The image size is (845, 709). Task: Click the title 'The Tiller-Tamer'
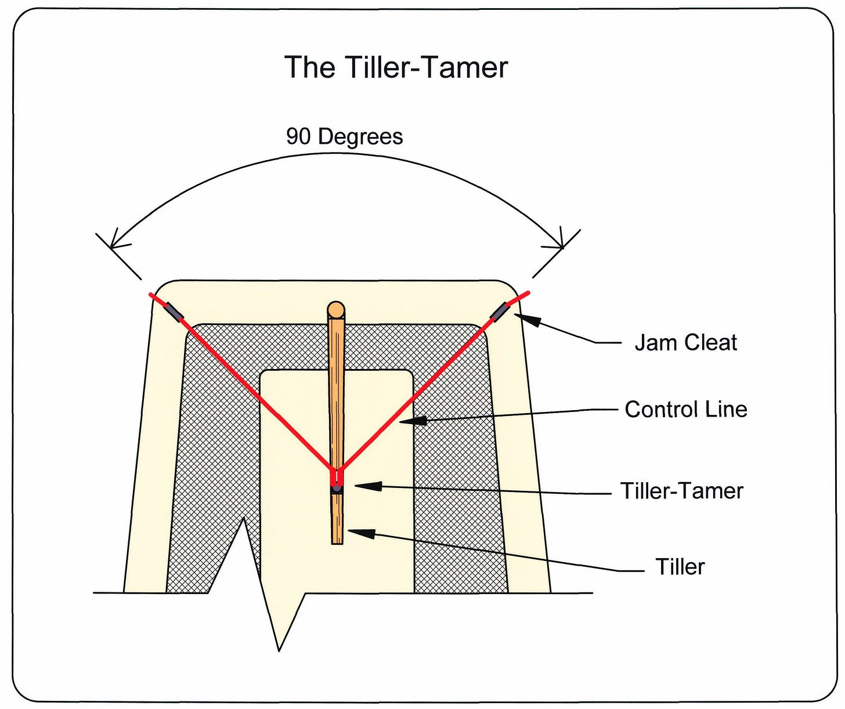point(396,67)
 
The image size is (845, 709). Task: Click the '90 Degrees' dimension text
point(344,136)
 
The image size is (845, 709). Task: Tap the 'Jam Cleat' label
point(685,342)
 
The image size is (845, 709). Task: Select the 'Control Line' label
point(686,409)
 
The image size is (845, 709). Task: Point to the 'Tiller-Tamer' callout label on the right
point(682,491)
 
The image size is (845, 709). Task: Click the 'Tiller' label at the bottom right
point(680,566)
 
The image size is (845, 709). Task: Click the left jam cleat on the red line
point(173,311)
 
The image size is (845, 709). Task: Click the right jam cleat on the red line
point(500,311)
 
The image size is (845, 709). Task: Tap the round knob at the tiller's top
point(336,310)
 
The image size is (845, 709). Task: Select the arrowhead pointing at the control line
point(413,421)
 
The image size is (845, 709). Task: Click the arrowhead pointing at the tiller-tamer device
point(369,486)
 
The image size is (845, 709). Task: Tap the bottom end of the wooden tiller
point(337,544)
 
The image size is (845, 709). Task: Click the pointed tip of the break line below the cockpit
point(279,651)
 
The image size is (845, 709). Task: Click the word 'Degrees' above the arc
point(360,136)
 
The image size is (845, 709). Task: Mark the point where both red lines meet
point(337,470)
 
